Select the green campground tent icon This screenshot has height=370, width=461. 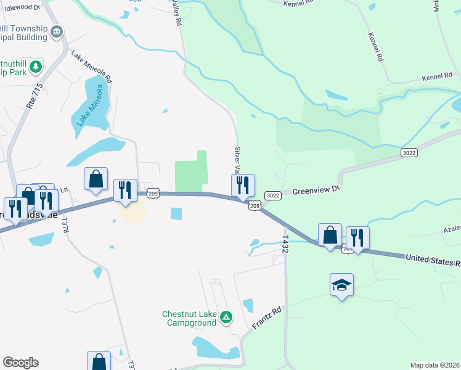(226, 318)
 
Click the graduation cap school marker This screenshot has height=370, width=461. (341, 285)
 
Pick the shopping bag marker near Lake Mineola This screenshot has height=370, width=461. (96, 179)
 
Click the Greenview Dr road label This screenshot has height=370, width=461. (316, 191)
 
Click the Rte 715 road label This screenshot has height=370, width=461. (34, 96)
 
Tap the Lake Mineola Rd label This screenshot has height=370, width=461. (91, 67)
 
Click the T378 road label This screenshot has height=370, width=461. (65, 224)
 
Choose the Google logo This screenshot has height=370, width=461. (20, 363)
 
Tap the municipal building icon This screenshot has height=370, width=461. (57, 31)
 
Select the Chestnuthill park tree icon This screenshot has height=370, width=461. (36, 66)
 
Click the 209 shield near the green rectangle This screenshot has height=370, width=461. (154, 193)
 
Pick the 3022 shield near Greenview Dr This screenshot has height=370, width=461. (273, 195)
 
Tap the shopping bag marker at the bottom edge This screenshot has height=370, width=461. (99, 361)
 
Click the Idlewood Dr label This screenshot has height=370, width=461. (23, 7)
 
